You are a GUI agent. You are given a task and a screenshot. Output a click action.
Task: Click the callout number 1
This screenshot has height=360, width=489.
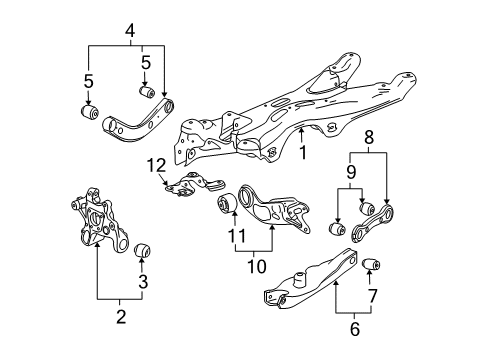[x=303, y=153]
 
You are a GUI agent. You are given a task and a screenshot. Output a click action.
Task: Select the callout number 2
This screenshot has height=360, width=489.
[x=121, y=317]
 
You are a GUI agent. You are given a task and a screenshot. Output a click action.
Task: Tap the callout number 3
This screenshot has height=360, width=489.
[x=143, y=282]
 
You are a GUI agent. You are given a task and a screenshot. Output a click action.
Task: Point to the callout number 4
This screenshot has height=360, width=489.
[x=130, y=31]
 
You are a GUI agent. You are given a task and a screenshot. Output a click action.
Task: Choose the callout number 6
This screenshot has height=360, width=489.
[x=355, y=329]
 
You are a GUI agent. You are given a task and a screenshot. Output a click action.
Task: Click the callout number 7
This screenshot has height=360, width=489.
[x=372, y=296]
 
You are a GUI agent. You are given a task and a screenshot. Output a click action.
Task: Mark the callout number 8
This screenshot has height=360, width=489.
[x=369, y=137]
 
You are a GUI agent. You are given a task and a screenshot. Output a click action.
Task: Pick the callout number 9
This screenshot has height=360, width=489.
[x=351, y=172]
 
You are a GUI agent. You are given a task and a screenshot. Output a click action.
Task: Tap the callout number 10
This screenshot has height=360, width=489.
[x=257, y=266]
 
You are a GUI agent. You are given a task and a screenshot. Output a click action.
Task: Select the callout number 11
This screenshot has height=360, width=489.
[x=237, y=236]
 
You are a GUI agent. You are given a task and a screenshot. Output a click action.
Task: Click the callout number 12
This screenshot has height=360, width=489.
[x=156, y=165]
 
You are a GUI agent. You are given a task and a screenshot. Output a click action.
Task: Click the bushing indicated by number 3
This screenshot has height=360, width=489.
[x=143, y=251]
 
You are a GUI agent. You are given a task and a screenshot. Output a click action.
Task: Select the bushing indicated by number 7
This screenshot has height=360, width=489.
[x=371, y=264]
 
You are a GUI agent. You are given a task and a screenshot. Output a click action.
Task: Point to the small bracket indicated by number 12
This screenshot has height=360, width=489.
[x=195, y=185]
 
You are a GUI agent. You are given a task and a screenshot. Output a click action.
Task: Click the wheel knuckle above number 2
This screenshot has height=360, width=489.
[x=100, y=222]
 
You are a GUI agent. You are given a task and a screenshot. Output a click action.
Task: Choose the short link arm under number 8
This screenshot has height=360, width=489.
[x=372, y=223]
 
